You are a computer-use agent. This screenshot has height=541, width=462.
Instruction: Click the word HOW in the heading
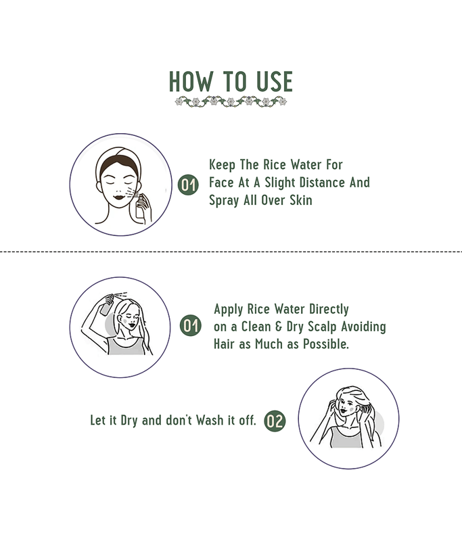(191, 82)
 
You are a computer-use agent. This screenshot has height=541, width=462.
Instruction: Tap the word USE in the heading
(275, 82)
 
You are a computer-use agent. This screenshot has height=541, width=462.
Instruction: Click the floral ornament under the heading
(231, 101)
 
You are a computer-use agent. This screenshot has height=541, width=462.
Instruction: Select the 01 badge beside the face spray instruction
(188, 185)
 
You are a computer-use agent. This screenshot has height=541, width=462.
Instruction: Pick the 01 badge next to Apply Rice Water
(191, 325)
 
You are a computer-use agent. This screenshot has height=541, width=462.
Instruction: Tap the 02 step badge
(275, 421)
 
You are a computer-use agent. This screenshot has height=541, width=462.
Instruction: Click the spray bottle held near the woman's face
(140, 206)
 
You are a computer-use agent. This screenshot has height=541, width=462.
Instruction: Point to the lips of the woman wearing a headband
(119, 197)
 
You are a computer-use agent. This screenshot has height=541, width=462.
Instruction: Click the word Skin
(301, 200)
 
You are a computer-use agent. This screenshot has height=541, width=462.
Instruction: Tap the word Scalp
(322, 327)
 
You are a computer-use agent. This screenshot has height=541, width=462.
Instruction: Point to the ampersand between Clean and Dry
(279, 327)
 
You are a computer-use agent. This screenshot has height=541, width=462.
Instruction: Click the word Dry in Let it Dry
(129, 421)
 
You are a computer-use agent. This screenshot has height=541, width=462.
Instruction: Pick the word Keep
(223, 165)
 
